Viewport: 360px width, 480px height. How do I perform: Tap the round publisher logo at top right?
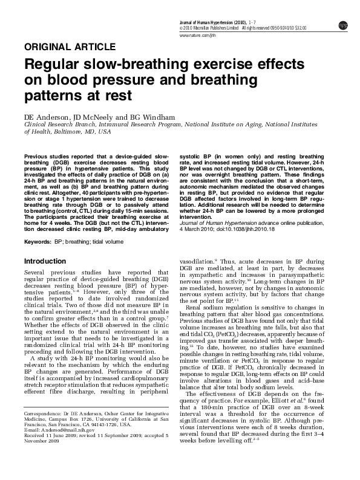[x=343, y=25]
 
